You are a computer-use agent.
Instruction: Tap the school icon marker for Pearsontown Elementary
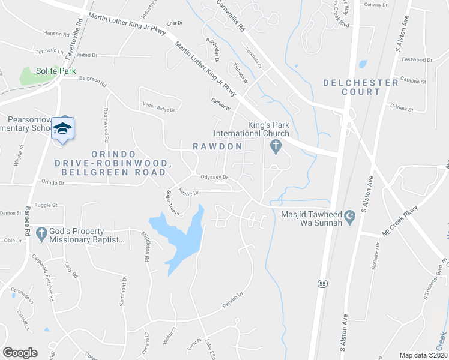[x=62, y=128]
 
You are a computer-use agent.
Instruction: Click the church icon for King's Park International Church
[x=276, y=145]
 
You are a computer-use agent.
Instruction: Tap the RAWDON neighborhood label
[x=217, y=146]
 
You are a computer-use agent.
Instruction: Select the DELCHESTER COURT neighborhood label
[x=361, y=87]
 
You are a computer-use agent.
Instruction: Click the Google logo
[x=20, y=353]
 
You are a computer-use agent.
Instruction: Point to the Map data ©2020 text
[x=423, y=355]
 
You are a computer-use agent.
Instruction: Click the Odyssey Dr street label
[x=214, y=177]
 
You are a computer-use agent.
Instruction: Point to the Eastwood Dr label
[x=417, y=59]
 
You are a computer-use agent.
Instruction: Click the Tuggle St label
[x=45, y=205]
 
